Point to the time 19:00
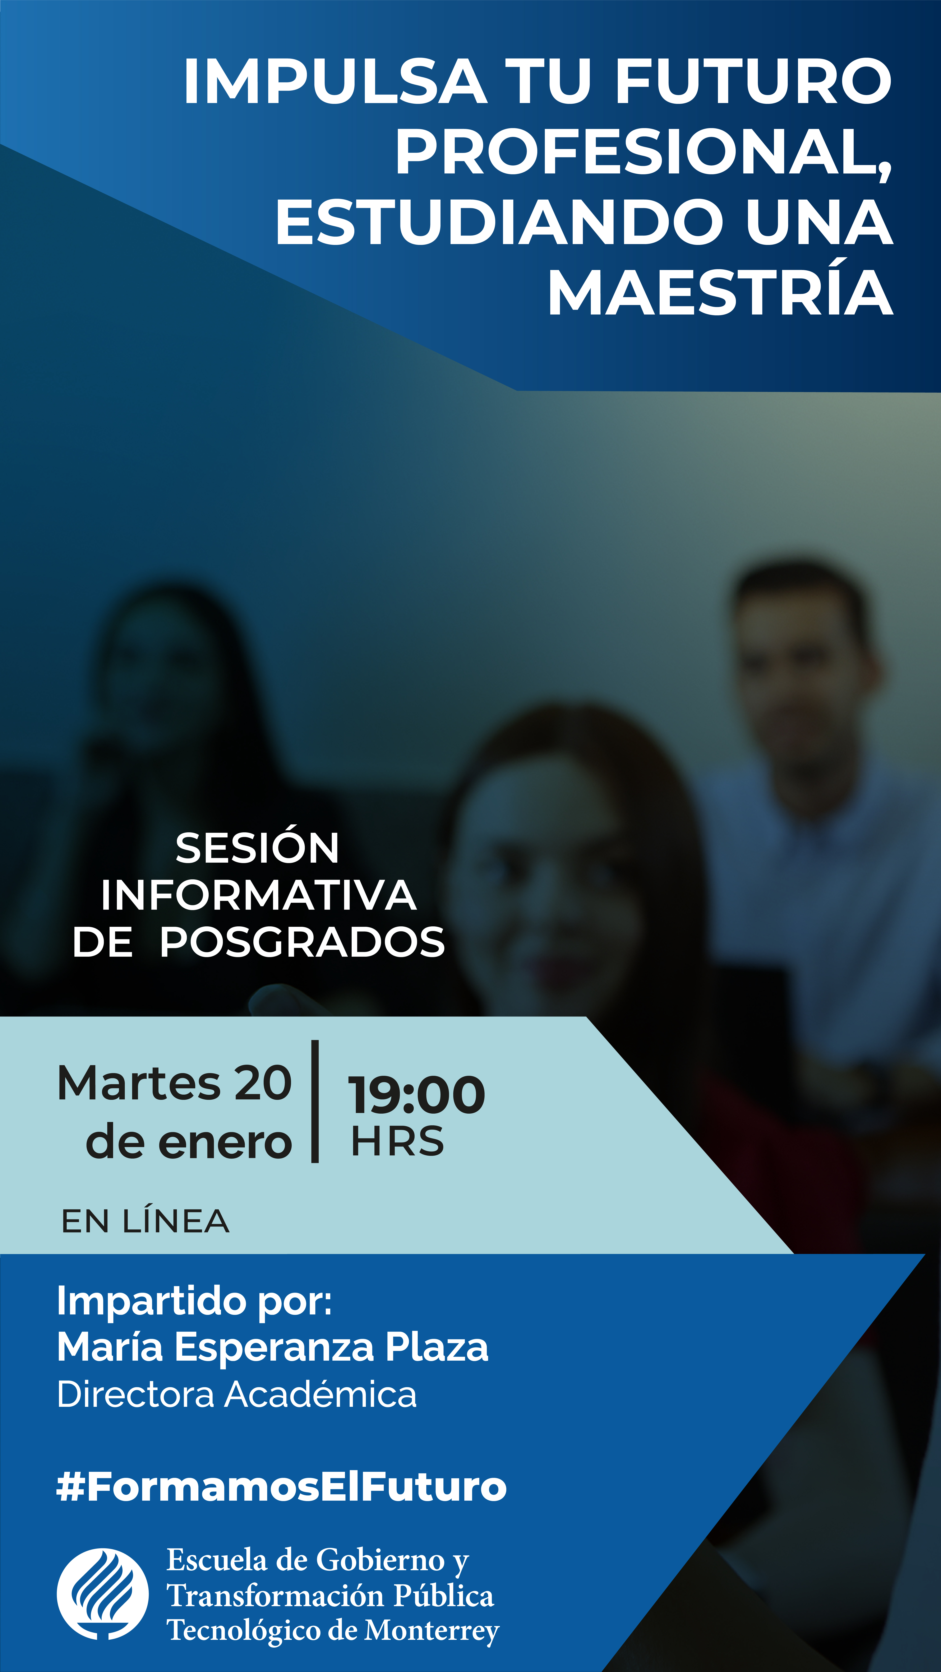(x=416, y=1095)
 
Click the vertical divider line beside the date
(x=315, y=1102)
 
